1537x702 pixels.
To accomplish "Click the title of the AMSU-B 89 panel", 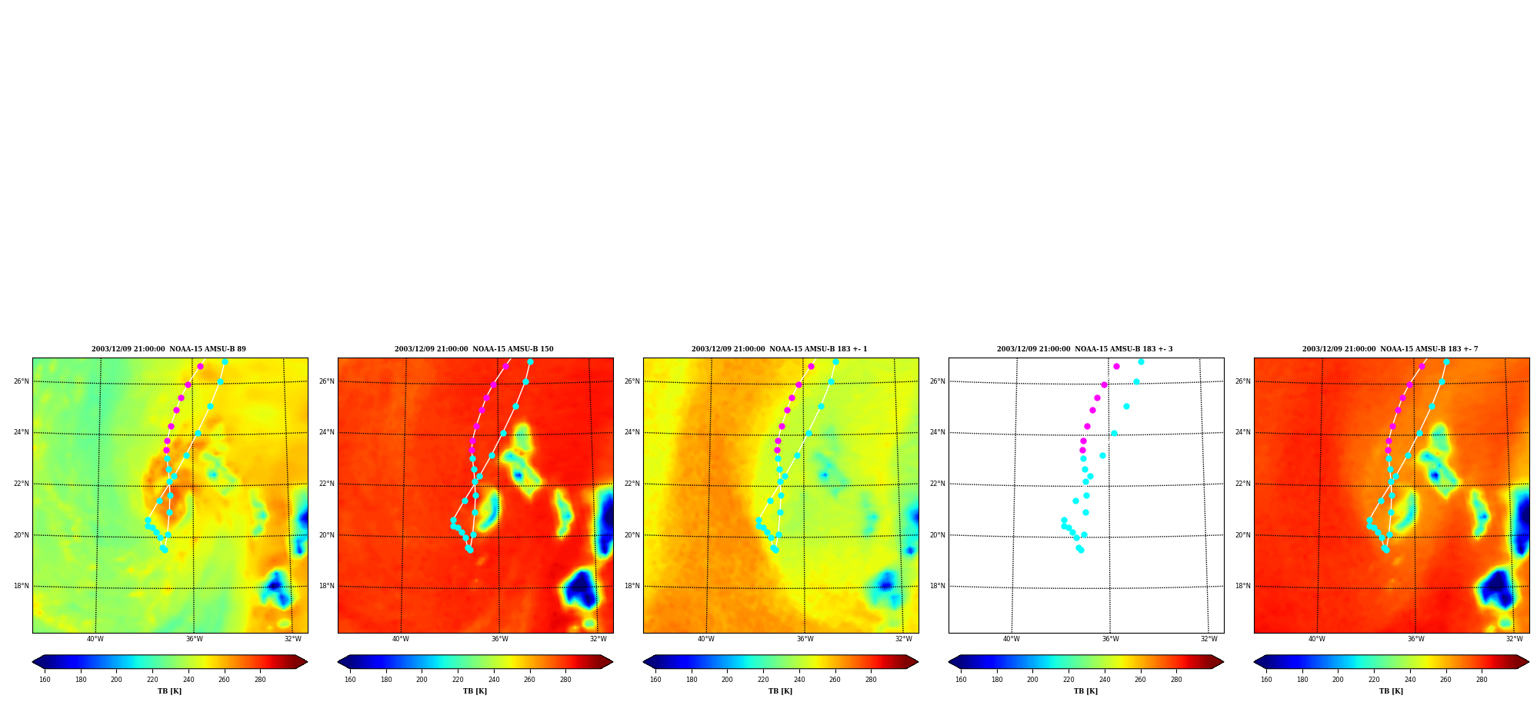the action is [x=169, y=349].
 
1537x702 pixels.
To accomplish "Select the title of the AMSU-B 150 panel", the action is [x=474, y=349].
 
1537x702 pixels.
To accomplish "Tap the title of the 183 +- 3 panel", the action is [x=1085, y=349].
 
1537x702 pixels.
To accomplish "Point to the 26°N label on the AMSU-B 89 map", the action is [x=21, y=381].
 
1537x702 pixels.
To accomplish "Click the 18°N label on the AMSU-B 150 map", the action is [x=326, y=586].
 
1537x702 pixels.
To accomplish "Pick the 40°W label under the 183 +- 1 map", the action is [x=706, y=639].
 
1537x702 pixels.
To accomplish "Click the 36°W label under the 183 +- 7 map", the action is [x=1416, y=639].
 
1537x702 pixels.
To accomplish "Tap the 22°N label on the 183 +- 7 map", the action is [x=1242, y=484].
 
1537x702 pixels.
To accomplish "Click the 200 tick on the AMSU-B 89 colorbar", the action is [x=116, y=680].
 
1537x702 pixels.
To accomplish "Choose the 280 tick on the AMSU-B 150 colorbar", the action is [x=565, y=680].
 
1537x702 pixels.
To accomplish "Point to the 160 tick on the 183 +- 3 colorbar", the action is [x=961, y=680].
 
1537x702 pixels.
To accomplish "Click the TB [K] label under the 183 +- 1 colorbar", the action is [x=780, y=691].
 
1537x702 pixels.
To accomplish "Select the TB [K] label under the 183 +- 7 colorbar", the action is [x=1391, y=691].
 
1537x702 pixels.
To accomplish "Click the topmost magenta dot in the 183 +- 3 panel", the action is [x=1116, y=366].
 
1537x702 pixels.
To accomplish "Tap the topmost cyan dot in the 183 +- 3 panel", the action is [x=1141, y=361].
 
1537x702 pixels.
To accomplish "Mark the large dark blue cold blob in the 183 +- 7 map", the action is [x=1496, y=588].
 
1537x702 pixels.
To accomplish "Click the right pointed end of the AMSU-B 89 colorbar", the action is [x=307, y=661].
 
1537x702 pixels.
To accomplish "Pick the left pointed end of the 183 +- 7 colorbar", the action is [x=1255, y=661].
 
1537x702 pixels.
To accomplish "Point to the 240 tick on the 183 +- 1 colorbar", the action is [x=799, y=680].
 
